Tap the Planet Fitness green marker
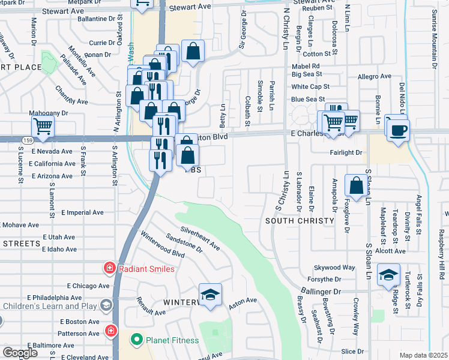136,340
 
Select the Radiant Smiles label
147,269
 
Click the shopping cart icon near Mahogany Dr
43,127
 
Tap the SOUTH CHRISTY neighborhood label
300,221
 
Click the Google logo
20,353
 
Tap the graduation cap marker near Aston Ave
210,295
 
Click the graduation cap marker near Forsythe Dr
388,275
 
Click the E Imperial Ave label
82,212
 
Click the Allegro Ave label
374,76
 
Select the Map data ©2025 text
424,355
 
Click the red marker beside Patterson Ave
110,331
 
